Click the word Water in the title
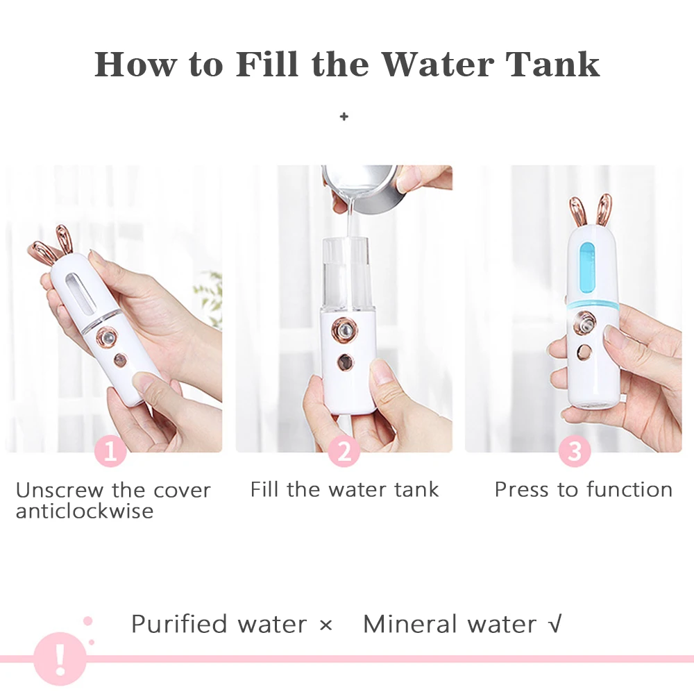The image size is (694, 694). (437, 65)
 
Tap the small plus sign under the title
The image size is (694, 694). (344, 117)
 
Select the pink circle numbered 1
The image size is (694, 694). (110, 451)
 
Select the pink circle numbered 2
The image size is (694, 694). (344, 451)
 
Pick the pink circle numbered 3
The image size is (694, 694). (574, 451)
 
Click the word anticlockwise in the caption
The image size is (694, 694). (85, 511)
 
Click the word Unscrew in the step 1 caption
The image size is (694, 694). (60, 490)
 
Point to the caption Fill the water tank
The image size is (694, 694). (344, 489)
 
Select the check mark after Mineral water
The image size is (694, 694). (555, 624)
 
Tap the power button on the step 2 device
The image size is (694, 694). (345, 362)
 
